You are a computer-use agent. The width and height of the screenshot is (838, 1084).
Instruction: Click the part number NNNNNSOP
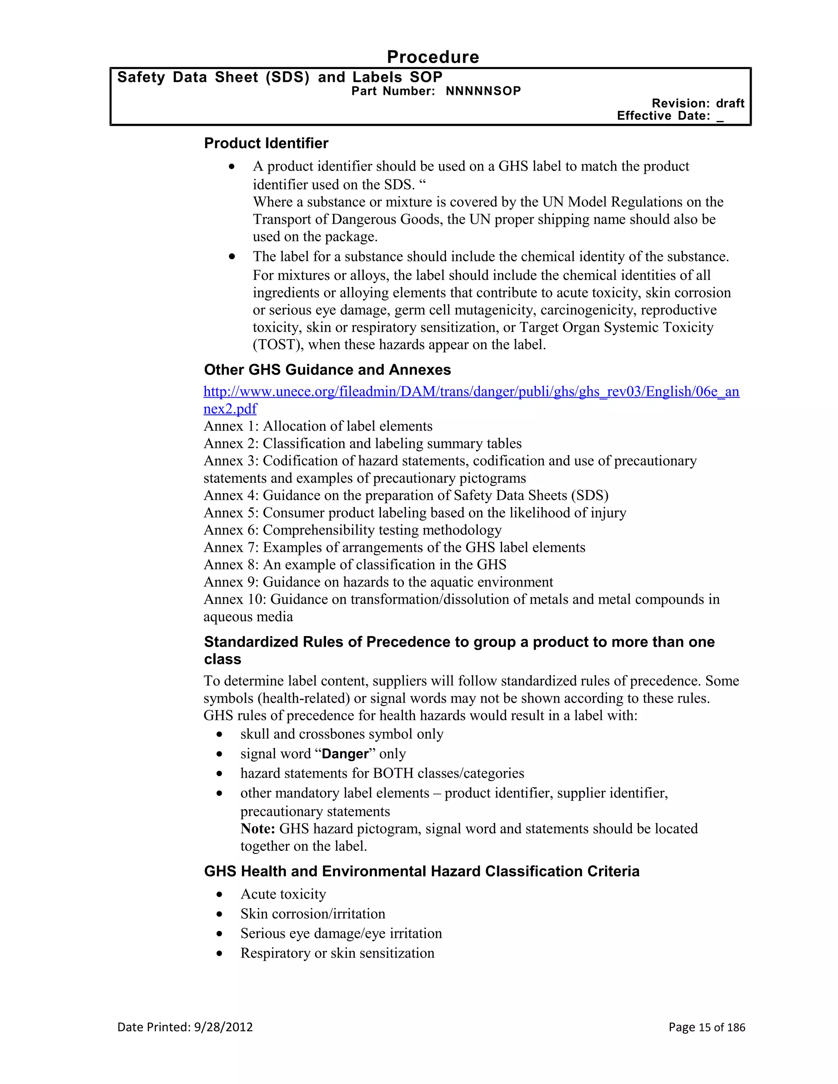(483, 91)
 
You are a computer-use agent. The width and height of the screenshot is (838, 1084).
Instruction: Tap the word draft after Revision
(730, 103)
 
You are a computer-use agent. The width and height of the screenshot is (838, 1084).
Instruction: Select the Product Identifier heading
(266, 144)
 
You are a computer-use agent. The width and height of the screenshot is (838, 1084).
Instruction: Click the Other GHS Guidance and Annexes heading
(327, 370)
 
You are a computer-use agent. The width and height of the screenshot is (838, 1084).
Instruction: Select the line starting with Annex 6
(352, 530)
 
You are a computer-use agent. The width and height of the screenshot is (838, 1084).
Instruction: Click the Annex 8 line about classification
(355, 565)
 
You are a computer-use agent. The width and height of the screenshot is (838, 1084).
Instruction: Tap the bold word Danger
(345, 754)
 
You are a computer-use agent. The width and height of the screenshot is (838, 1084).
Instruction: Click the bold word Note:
(258, 829)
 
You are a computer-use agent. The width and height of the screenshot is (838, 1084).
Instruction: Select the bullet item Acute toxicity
(283, 894)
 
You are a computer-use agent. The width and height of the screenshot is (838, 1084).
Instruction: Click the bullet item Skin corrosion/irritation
(313, 914)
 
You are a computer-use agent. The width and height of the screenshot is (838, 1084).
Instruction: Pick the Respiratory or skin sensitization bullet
(337, 954)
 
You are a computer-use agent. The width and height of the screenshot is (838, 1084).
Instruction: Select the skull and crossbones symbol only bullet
(342, 734)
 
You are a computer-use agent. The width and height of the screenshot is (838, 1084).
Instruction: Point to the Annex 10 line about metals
(461, 600)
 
